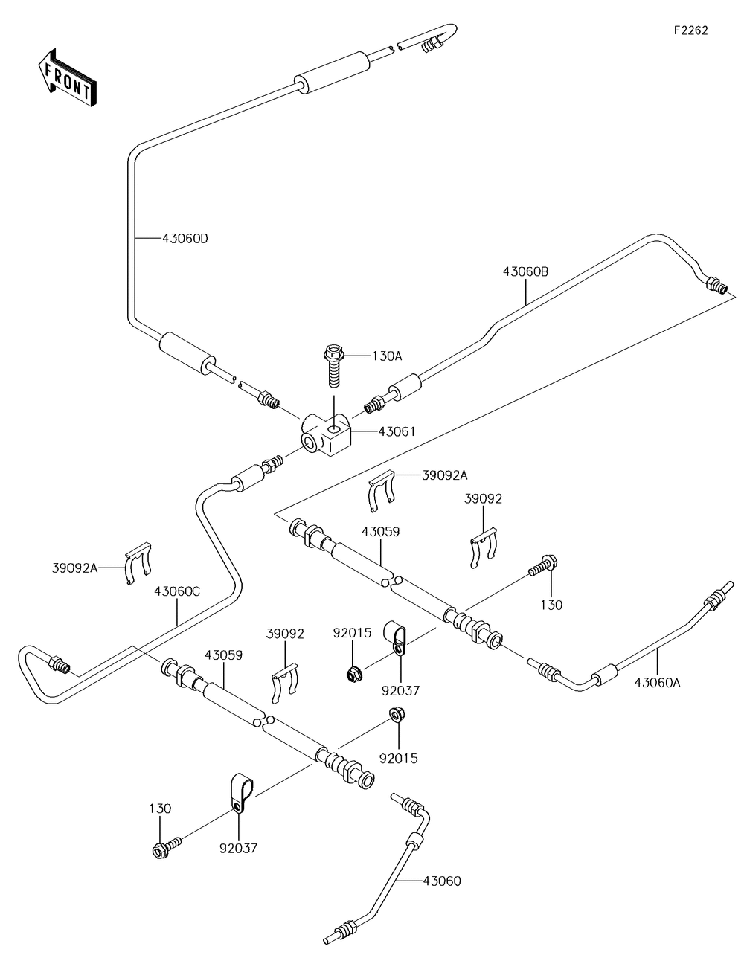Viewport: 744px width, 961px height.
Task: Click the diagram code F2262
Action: (690, 30)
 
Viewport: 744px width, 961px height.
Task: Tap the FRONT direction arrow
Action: (65, 77)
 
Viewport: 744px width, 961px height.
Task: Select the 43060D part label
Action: (185, 239)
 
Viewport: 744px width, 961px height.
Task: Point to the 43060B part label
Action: (525, 272)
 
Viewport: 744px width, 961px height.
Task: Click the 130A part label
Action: (387, 356)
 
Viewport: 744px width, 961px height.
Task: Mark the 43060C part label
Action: (177, 591)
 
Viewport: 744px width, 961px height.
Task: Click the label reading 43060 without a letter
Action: (442, 881)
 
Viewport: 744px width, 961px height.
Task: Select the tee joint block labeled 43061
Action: (324, 435)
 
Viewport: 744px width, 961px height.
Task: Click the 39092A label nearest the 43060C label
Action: (74, 568)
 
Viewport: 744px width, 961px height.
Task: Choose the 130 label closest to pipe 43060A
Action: (552, 605)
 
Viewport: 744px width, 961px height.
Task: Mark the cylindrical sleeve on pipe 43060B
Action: (406, 389)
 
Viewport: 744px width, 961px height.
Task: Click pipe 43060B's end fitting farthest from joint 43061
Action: (716, 284)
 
